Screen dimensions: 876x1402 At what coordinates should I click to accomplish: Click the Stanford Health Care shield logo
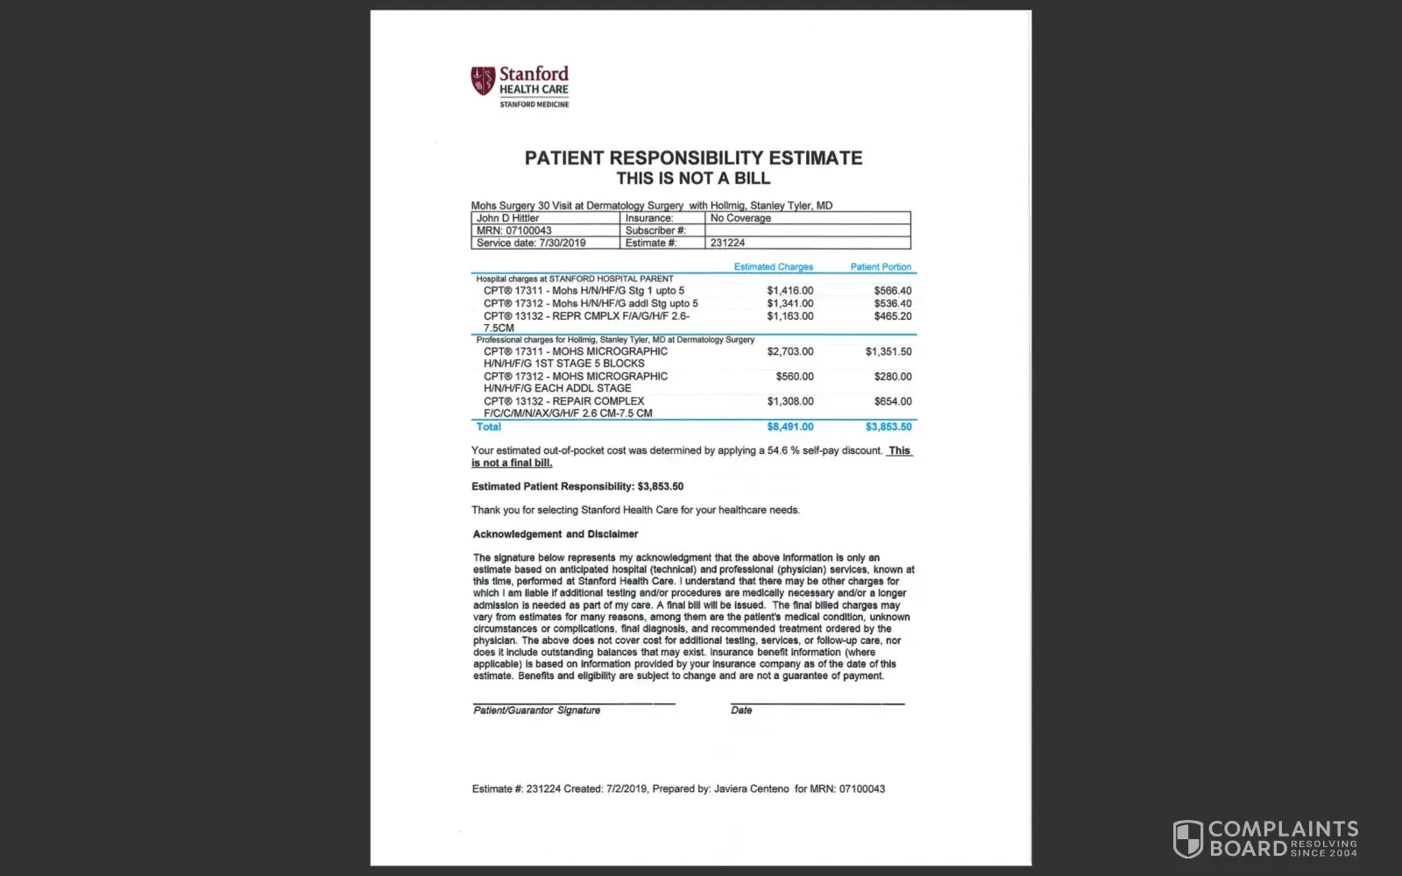click(483, 81)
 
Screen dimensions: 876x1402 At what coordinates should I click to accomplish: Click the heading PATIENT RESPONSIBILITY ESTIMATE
click(693, 158)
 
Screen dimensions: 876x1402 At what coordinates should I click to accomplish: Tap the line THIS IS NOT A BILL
click(693, 179)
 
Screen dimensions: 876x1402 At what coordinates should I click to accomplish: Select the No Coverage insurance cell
click(740, 218)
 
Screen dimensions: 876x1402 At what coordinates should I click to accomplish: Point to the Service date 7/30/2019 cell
click(531, 243)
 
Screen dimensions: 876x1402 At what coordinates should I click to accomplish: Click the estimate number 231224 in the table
click(727, 243)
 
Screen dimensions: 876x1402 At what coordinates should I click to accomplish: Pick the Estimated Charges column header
click(773, 267)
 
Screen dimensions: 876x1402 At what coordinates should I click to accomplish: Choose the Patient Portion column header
click(881, 267)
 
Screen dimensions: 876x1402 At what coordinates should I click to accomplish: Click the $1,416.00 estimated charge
click(790, 291)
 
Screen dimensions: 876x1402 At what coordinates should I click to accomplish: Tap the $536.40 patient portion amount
click(892, 304)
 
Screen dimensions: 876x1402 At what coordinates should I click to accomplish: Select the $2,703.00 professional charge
click(790, 352)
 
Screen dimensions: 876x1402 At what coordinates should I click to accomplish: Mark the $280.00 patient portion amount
click(892, 377)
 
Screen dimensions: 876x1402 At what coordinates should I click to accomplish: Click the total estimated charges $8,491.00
click(790, 427)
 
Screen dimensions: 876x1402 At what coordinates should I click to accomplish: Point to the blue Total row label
click(488, 427)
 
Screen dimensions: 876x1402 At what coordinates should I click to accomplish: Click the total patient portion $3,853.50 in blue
click(889, 427)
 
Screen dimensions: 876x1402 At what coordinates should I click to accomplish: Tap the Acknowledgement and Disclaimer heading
click(556, 534)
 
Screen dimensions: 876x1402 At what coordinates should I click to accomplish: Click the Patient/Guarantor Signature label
click(536, 710)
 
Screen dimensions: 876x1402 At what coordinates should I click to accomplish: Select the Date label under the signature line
click(741, 710)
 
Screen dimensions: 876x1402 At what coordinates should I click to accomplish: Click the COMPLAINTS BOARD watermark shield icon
click(1187, 838)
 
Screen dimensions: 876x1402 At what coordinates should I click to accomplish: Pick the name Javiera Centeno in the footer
click(751, 789)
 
